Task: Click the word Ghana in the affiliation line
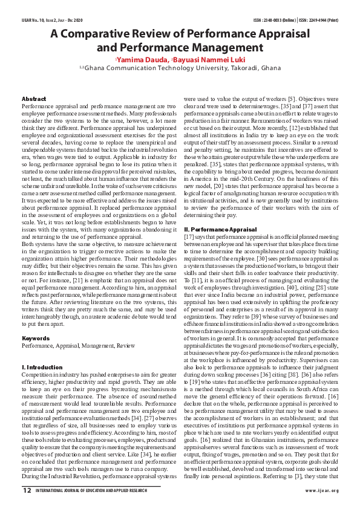(x=268, y=70)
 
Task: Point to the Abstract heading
(x=34, y=98)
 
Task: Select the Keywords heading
(x=36, y=338)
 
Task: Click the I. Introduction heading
(x=42, y=367)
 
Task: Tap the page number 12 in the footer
(x=27, y=491)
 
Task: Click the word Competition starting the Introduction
(x=38, y=375)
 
